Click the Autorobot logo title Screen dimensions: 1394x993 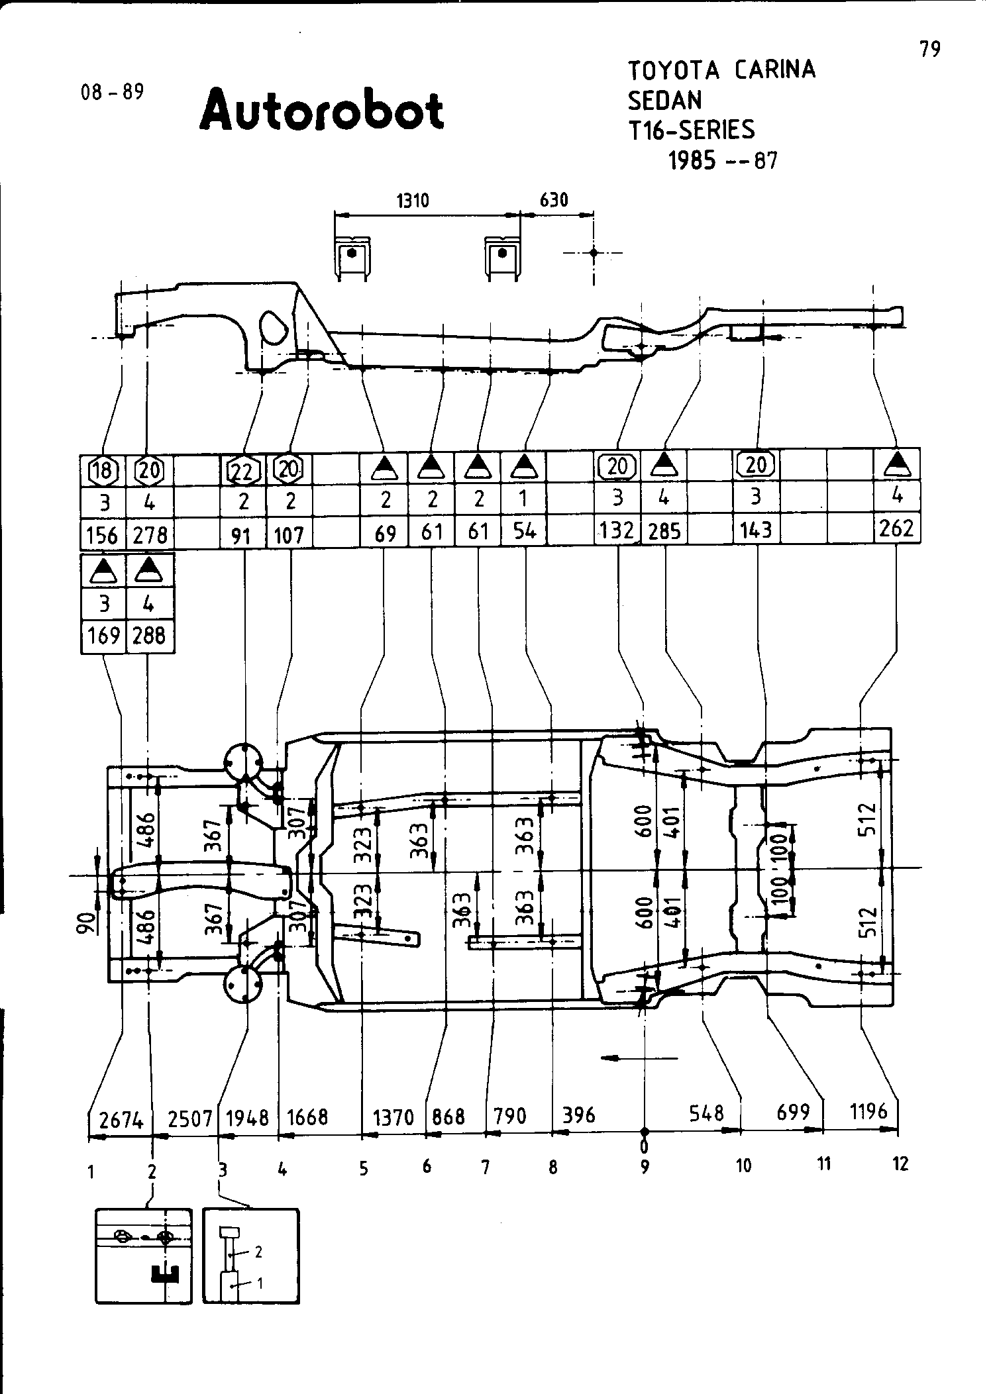(x=321, y=111)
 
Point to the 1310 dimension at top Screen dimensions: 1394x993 (x=413, y=200)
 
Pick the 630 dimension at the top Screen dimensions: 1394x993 (x=554, y=200)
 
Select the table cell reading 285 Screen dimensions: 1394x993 (x=664, y=531)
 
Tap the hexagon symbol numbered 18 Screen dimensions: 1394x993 (x=103, y=471)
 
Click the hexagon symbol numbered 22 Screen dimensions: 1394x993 (x=242, y=471)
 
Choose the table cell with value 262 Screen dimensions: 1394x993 (x=897, y=528)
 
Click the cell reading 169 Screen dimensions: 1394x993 (x=103, y=636)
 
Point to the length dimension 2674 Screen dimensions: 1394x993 (x=121, y=1120)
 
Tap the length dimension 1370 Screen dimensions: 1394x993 (x=393, y=1118)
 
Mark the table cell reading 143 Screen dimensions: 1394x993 (x=756, y=530)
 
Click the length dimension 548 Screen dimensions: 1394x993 (x=706, y=1113)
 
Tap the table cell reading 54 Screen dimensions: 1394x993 (x=524, y=532)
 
